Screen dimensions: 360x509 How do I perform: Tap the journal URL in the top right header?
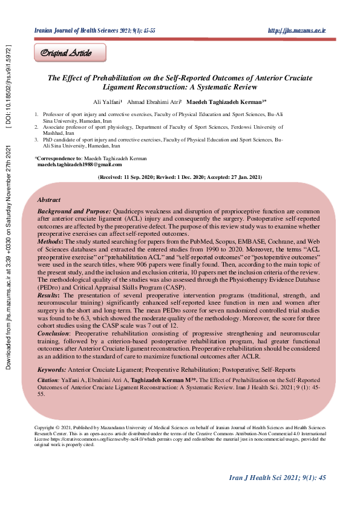pos(296,30)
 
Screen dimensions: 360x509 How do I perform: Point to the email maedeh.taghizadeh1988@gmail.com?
pos(79,164)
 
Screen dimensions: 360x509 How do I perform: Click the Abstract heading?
pos(48,199)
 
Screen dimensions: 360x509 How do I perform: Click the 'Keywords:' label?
pos(52,369)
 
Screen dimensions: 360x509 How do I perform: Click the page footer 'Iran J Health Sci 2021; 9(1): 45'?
pos(278,478)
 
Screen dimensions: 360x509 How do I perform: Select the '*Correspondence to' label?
pos(56,158)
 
